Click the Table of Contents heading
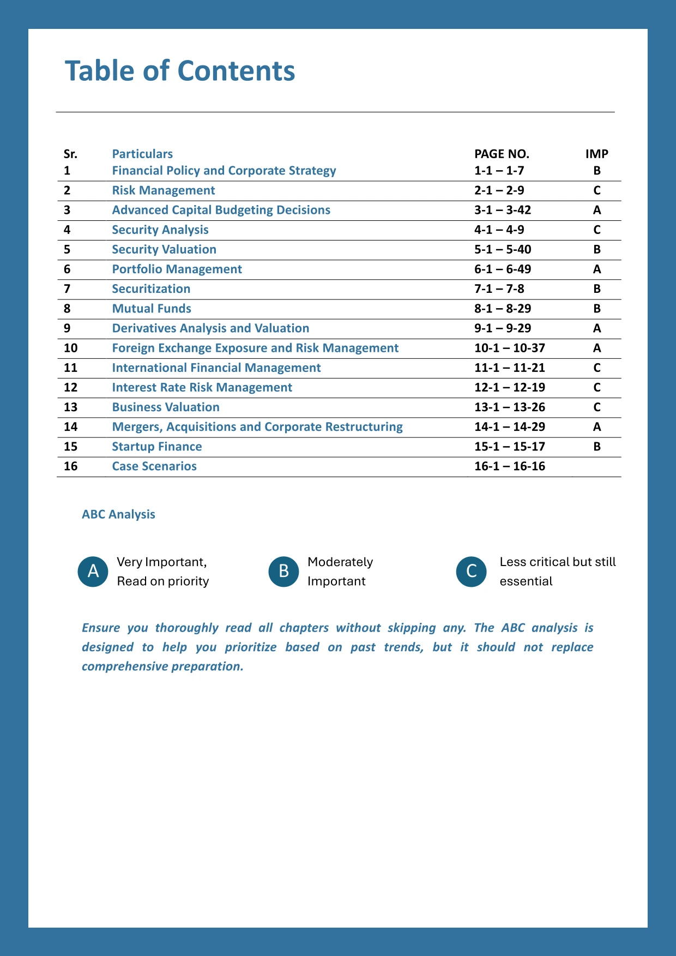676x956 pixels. (x=180, y=71)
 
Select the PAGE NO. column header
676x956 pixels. (x=502, y=154)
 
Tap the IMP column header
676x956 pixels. (x=596, y=154)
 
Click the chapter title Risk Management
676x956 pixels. (x=164, y=190)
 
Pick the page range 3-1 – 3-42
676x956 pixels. (x=503, y=210)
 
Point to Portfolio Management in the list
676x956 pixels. (x=177, y=269)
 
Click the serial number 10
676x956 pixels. (x=71, y=348)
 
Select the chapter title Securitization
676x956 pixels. (x=151, y=288)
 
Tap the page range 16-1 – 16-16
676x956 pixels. (x=510, y=466)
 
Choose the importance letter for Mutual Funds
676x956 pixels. (x=597, y=309)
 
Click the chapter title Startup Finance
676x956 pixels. (x=157, y=447)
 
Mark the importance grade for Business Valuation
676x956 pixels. (x=597, y=407)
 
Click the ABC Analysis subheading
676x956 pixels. (x=118, y=514)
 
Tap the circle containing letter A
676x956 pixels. (x=93, y=571)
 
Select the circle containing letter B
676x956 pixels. (x=283, y=571)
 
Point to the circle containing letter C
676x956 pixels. (x=472, y=571)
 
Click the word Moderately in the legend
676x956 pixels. (x=340, y=562)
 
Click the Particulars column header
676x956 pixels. (x=142, y=154)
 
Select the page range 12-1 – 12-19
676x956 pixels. (x=510, y=387)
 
